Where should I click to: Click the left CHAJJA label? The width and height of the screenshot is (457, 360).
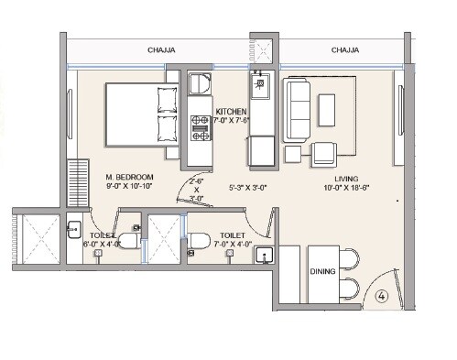tap(161, 51)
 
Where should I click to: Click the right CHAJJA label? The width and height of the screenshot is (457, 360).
tap(344, 51)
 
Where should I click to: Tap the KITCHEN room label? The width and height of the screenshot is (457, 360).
tap(232, 111)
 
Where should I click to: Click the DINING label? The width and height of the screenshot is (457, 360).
tap(323, 272)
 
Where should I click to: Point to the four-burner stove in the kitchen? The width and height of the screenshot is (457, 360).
tap(201, 126)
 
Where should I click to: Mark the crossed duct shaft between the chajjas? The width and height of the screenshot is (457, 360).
tap(263, 51)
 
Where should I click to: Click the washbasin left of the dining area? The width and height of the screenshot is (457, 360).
tap(266, 257)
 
